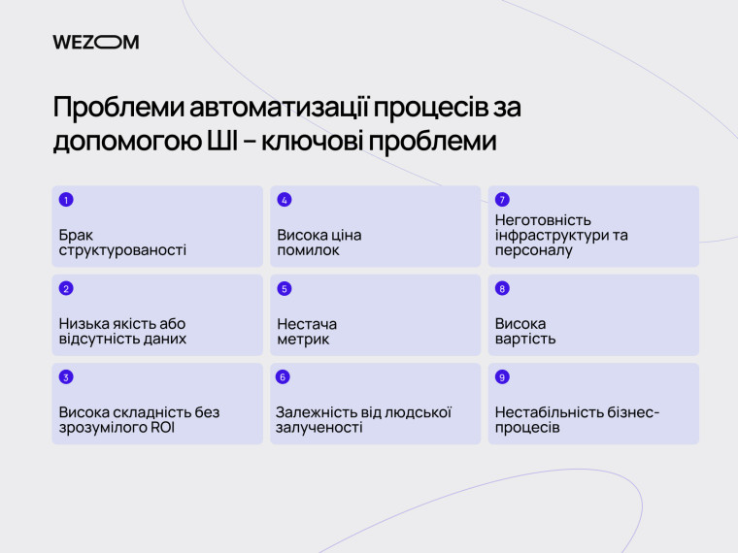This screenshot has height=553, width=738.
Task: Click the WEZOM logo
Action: (96, 42)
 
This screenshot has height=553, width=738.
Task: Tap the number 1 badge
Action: (66, 200)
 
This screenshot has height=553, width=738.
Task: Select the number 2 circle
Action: (66, 288)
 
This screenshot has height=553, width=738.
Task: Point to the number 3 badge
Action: (66, 377)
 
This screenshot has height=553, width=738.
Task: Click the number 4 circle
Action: (285, 200)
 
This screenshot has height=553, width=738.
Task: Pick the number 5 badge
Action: (285, 288)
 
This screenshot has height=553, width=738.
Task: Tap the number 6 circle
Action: (284, 377)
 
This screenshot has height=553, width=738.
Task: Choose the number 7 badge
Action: (502, 200)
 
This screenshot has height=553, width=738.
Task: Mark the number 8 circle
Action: (502, 288)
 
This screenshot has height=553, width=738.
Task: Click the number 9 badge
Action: (502, 377)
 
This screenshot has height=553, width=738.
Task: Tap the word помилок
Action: (309, 250)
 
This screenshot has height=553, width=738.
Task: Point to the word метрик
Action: (303, 340)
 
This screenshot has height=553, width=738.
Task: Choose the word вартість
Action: (525, 340)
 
